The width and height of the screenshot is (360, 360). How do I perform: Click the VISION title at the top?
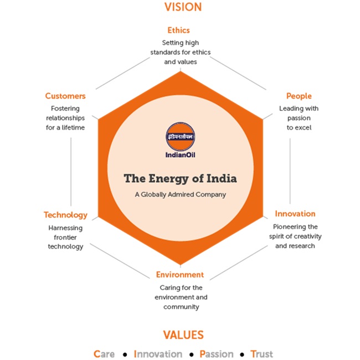point(183,7)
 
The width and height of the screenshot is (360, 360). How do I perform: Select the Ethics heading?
point(179,30)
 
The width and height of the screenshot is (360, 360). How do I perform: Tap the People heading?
point(299,96)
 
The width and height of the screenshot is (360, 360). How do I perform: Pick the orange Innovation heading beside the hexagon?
point(295,214)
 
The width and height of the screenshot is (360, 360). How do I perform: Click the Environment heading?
point(180,275)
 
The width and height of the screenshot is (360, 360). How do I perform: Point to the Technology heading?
point(66,215)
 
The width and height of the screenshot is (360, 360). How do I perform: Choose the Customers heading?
point(65,96)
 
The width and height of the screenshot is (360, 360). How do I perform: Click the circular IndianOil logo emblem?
point(181,136)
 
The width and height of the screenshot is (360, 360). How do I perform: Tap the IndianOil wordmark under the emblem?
point(181,155)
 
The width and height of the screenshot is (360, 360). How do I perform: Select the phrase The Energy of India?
point(180,179)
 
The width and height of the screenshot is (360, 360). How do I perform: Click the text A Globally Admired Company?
point(181,194)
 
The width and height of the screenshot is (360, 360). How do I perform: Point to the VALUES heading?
point(183,335)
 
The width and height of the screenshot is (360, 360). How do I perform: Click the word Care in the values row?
point(104,354)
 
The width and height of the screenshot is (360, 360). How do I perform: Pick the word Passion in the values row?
point(217,354)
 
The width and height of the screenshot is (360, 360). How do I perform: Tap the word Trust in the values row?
point(262,354)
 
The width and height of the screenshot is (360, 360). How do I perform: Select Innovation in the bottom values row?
point(158,354)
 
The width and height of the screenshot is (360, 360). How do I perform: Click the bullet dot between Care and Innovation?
point(125,354)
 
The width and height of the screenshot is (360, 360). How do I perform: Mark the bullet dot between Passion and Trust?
point(242,354)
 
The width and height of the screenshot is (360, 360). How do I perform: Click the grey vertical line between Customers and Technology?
point(71,172)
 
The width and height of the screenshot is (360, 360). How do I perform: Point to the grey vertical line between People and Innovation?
point(290,171)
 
